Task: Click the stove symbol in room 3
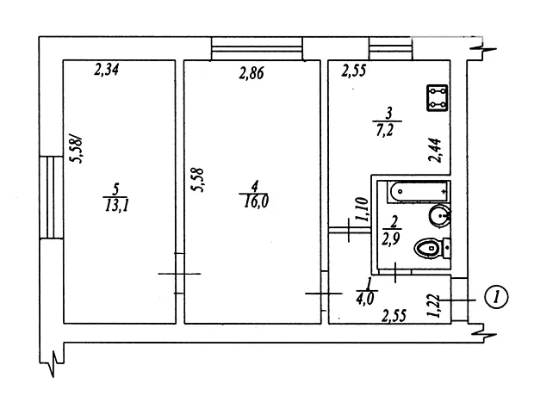pyautogui.click(x=437, y=98)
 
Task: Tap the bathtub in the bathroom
pyautogui.click(x=418, y=192)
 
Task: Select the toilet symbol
pyautogui.click(x=432, y=248)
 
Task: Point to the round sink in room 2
pyautogui.click(x=440, y=215)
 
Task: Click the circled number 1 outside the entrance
pyautogui.click(x=495, y=297)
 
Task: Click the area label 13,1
pyautogui.click(x=116, y=206)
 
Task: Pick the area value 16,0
pyautogui.click(x=256, y=202)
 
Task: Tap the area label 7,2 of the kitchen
pyautogui.click(x=386, y=129)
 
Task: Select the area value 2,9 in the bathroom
pyautogui.click(x=390, y=238)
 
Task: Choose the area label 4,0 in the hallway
pyautogui.click(x=364, y=299)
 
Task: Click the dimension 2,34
pyautogui.click(x=106, y=70)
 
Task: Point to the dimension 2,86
pyautogui.click(x=251, y=73)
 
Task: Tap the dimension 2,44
pyautogui.click(x=435, y=150)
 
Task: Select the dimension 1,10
pyautogui.click(x=363, y=209)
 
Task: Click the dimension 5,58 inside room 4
pyautogui.click(x=198, y=180)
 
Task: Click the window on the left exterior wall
pyautogui.click(x=51, y=197)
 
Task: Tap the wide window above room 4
pyautogui.click(x=257, y=49)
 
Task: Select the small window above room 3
pyautogui.click(x=391, y=49)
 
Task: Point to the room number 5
pyautogui.click(x=116, y=189)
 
